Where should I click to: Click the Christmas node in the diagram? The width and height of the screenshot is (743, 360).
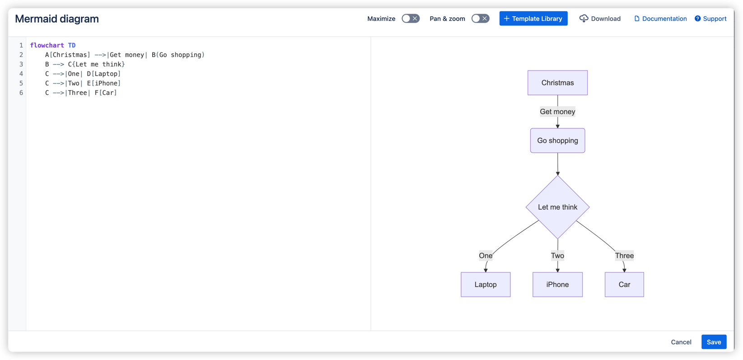coord(557,83)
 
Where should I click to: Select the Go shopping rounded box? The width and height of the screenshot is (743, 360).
coord(557,140)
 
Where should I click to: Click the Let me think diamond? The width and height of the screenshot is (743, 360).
coord(557,207)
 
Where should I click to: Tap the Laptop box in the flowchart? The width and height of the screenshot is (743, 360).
coord(486,285)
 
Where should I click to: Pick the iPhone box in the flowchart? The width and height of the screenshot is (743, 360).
coord(557,285)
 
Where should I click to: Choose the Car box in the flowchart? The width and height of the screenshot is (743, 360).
coord(624,285)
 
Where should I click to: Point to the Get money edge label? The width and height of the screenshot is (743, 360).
coord(557,112)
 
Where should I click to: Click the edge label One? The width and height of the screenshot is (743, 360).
coord(486,256)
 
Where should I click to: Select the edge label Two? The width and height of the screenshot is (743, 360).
coord(557,256)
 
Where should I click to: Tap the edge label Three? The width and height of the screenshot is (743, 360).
coord(624,256)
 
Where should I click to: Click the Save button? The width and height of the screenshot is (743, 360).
coord(714,342)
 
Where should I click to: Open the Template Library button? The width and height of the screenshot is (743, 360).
coord(533,19)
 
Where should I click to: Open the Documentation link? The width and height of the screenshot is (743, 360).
coord(660,19)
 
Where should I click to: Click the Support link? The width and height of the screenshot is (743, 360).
coord(710,19)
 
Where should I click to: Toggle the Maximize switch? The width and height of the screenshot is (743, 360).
coord(411,19)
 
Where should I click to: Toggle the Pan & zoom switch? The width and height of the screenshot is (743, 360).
coord(480,19)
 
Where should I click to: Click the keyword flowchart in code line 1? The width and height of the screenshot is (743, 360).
coord(47,45)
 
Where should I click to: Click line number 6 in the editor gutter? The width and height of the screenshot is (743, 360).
coord(21,93)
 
